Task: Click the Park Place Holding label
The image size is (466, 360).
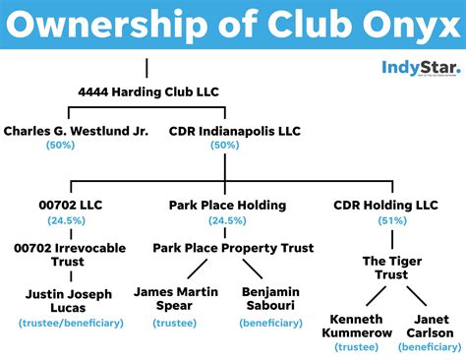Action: [226, 205]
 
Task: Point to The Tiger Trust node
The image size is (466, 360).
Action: [385, 269]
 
